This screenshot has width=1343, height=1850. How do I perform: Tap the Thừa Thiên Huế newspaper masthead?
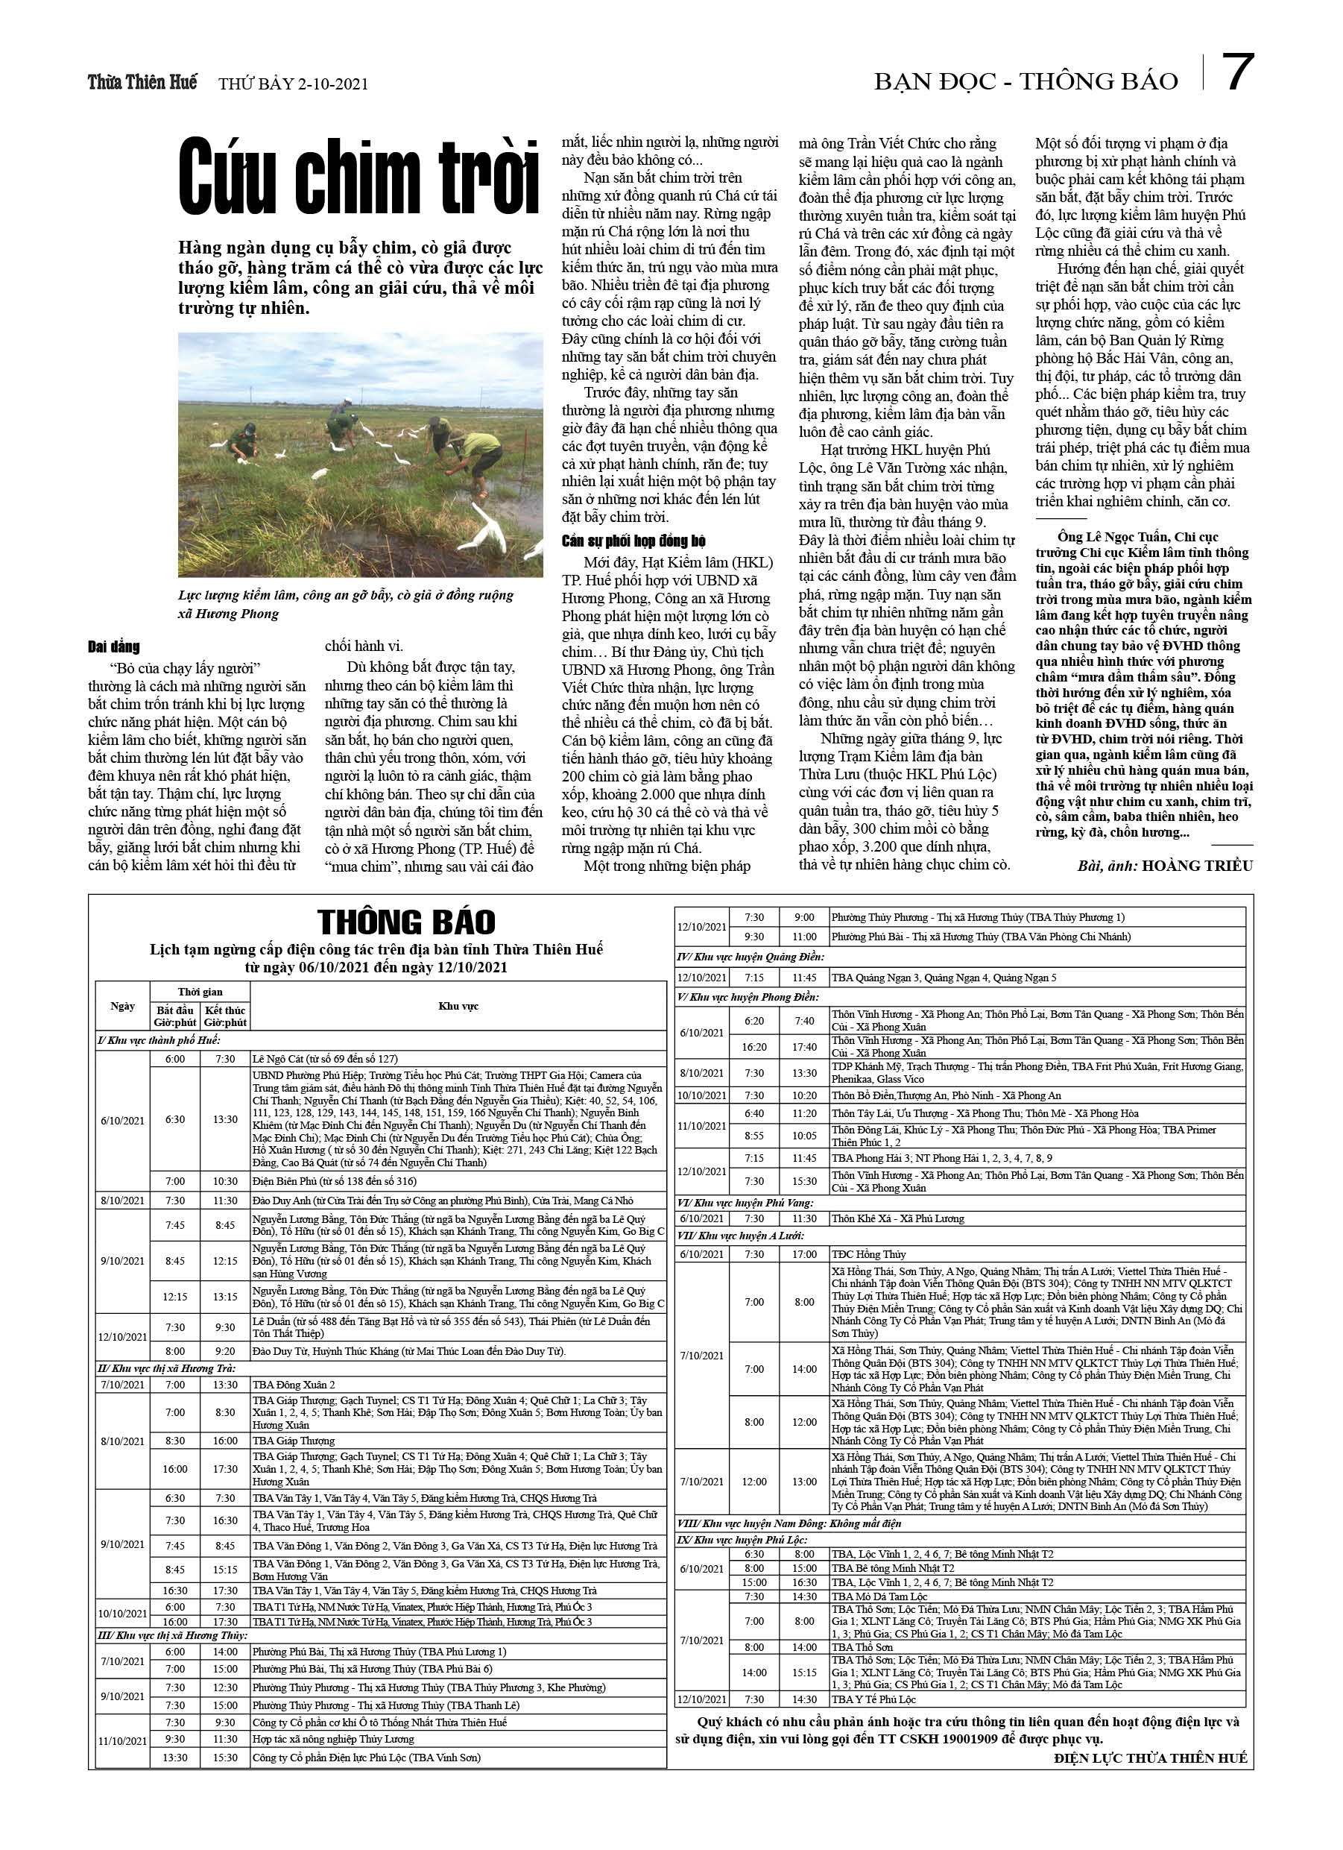coord(142,82)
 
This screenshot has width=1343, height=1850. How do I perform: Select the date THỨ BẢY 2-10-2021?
coord(293,84)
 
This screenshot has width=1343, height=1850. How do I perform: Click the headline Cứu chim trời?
coord(358,177)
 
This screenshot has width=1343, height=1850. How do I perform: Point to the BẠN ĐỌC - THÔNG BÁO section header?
coord(1025,81)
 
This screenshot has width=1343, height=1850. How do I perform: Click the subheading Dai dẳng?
coord(113,646)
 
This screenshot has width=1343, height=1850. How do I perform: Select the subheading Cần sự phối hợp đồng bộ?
coord(633,541)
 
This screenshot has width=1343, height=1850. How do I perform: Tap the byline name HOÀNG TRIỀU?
coord(1197,866)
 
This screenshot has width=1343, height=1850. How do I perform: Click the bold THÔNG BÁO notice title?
coord(406,922)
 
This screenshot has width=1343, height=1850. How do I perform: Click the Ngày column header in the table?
coord(122,1006)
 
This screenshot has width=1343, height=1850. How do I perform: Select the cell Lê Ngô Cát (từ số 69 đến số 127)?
coord(324,1059)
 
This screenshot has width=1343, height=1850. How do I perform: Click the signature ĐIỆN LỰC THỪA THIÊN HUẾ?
coord(1150,1758)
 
